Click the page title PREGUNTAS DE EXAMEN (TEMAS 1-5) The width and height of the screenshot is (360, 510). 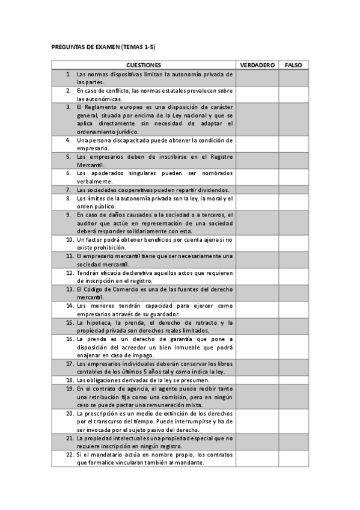click(x=104, y=47)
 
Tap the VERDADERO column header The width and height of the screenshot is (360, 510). click(x=257, y=64)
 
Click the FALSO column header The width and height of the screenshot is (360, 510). click(x=293, y=64)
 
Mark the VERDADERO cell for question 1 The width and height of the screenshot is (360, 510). click(x=257, y=78)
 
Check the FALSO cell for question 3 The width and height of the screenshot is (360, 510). click(x=293, y=119)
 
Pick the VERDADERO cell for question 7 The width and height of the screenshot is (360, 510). click(x=257, y=190)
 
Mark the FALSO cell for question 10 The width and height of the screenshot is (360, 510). click(x=293, y=243)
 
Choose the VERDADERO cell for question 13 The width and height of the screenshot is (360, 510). click(x=257, y=293)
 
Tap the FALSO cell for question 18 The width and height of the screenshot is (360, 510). click(x=293, y=380)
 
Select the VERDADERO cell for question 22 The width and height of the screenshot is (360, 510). click(x=257, y=458)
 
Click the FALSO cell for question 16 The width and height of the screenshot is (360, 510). click(x=293, y=346)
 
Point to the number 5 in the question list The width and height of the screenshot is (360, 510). click(x=69, y=156)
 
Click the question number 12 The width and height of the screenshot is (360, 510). click(x=70, y=272)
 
